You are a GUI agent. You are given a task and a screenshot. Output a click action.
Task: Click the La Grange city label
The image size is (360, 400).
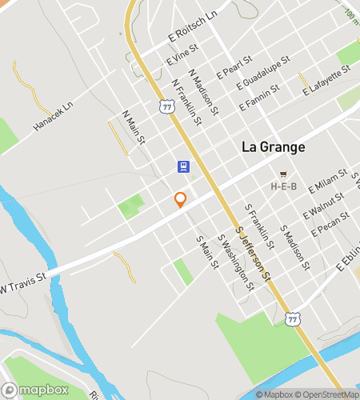272,148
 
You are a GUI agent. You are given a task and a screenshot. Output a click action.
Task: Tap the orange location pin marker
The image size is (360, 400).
181,200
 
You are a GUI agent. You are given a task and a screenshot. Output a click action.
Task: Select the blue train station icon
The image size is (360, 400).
184,167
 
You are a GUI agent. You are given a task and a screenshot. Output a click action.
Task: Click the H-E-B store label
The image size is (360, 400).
283,186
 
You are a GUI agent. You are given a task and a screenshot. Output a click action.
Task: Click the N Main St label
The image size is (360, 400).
134,128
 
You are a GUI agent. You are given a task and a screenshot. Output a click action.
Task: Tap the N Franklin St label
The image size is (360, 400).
186,102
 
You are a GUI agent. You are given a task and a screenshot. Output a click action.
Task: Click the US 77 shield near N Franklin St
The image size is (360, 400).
166,105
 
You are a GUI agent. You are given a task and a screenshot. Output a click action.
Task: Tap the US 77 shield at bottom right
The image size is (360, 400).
294,319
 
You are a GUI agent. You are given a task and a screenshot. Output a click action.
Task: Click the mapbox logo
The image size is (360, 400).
38,390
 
